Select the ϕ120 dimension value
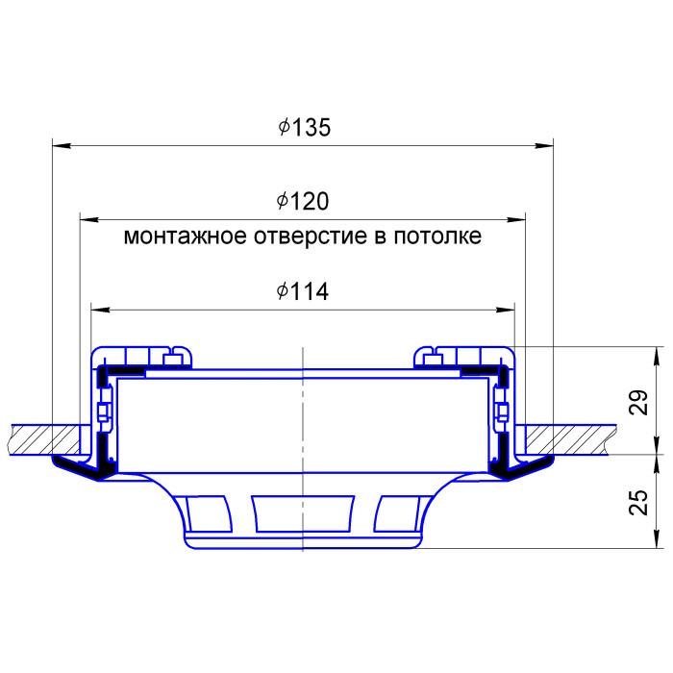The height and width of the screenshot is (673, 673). coord(303,202)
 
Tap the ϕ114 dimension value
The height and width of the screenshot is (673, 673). coord(303,292)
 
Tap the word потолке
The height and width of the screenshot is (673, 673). coord(438,237)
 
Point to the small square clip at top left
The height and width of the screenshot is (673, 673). coord(174,359)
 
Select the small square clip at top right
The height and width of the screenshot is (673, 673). coord(432,359)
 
